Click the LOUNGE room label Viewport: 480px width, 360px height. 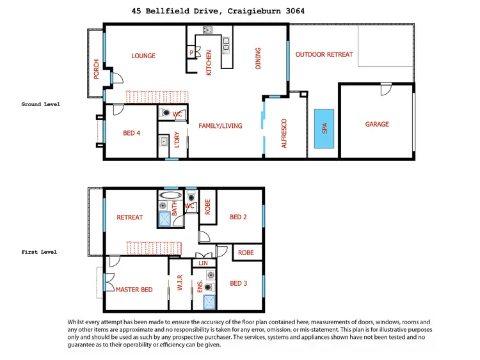pyautogui.click(x=143, y=56)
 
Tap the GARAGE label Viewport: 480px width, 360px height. pyautogui.click(x=377, y=124)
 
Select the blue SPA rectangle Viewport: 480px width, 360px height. pyautogui.click(x=324, y=130)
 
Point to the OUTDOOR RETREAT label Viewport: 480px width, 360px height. pyautogui.click(x=324, y=54)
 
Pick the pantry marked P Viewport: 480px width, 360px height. pyautogui.click(x=191, y=52)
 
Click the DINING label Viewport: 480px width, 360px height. pyautogui.click(x=259, y=58)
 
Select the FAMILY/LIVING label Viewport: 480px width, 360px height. pyautogui.click(x=220, y=126)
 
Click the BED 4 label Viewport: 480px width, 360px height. pyautogui.click(x=132, y=133)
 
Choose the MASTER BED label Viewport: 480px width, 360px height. pyautogui.click(x=134, y=290)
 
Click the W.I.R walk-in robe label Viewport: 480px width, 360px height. pyautogui.click(x=180, y=283)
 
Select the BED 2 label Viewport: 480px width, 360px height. pyautogui.click(x=238, y=217)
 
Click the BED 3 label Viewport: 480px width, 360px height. pyautogui.click(x=238, y=283)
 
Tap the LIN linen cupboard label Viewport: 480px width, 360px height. pyautogui.click(x=204, y=263)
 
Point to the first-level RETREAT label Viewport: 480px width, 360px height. pyautogui.click(x=130, y=217)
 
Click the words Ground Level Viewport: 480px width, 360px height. pyautogui.click(x=41, y=104)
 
